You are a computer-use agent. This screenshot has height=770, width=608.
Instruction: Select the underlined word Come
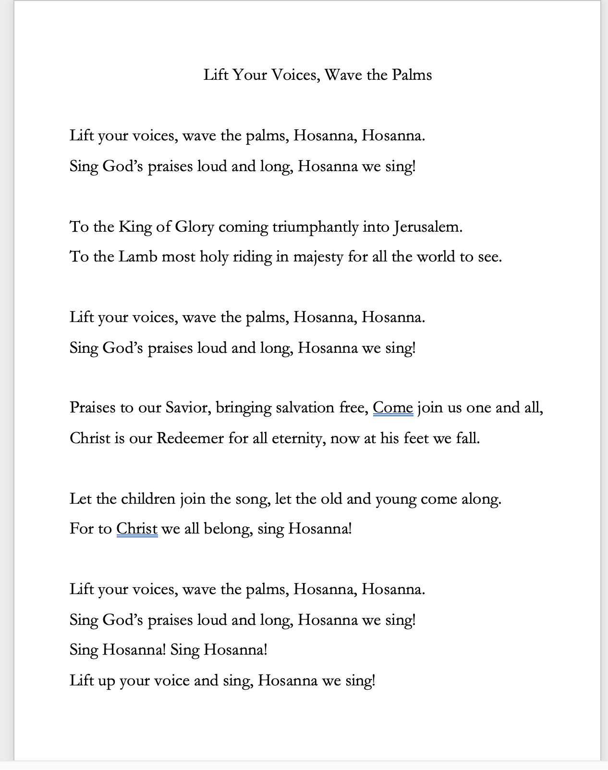point(393,408)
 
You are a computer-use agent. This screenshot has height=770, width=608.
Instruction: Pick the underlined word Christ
point(137,529)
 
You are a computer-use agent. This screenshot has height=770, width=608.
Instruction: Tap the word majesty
point(318,257)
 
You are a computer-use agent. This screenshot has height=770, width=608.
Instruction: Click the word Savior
point(188,408)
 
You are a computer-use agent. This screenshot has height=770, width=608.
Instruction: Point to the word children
point(148,499)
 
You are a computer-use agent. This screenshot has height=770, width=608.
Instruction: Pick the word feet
point(415,438)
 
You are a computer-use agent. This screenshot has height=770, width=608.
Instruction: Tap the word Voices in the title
point(296,75)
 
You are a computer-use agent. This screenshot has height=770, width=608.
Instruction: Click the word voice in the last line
point(171,681)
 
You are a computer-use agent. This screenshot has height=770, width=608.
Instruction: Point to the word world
point(436,257)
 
